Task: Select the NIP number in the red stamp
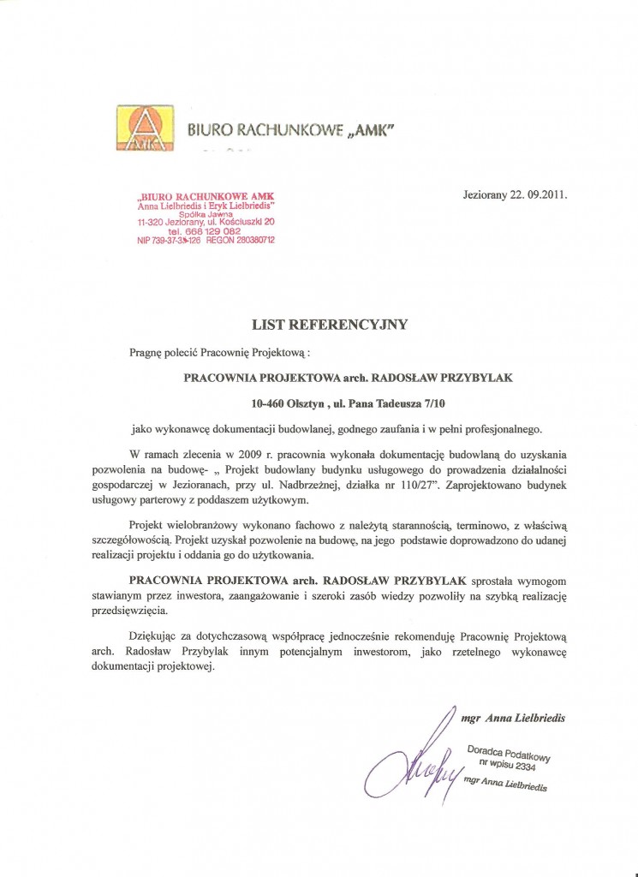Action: click(x=169, y=241)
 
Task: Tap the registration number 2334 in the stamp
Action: click(x=529, y=765)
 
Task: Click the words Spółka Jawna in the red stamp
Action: click(x=206, y=214)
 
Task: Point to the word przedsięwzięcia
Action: click(x=130, y=612)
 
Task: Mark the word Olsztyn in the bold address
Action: click(x=313, y=400)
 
